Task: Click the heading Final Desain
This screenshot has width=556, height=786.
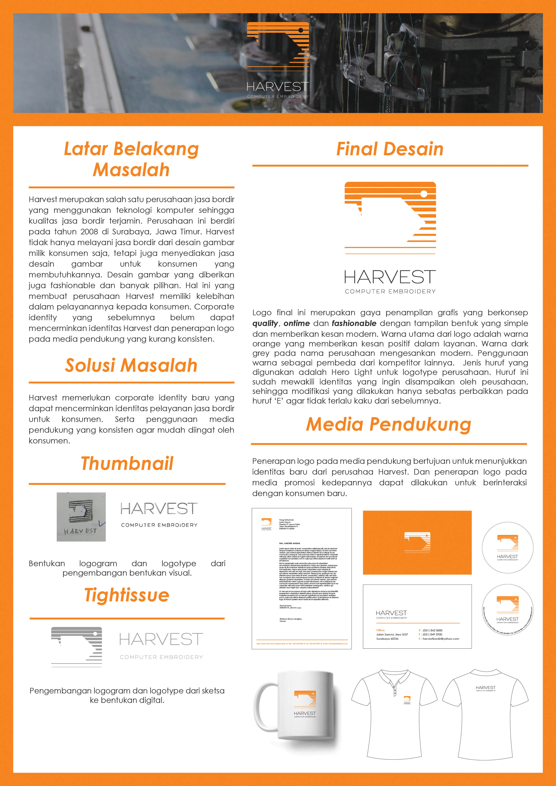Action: (x=390, y=149)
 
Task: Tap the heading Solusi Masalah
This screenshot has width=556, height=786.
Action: (x=131, y=365)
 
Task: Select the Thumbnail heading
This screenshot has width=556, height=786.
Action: (x=127, y=464)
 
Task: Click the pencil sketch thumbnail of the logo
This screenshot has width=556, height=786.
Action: (x=81, y=517)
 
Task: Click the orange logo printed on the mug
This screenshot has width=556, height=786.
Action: (x=305, y=698)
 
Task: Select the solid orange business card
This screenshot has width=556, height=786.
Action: (x=417, y=543)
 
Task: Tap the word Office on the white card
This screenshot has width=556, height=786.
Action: (x=380, y=630)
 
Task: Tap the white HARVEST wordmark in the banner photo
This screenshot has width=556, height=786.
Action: (x=278, y=87)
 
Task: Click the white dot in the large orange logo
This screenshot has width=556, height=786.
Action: (x=424, y=194)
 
